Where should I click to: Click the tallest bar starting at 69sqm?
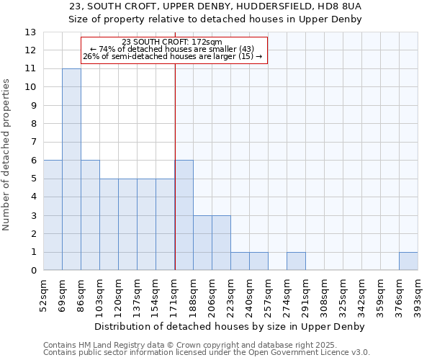[71, 169]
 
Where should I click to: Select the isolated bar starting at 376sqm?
[408, 261]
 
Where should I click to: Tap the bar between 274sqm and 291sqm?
[296, 261]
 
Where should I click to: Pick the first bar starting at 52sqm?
[53, 215]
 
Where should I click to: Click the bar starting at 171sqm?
[184, 215]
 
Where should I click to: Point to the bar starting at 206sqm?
[221, 243]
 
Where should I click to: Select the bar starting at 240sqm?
[258, 261]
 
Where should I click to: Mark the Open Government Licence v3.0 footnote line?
[207, 353]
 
